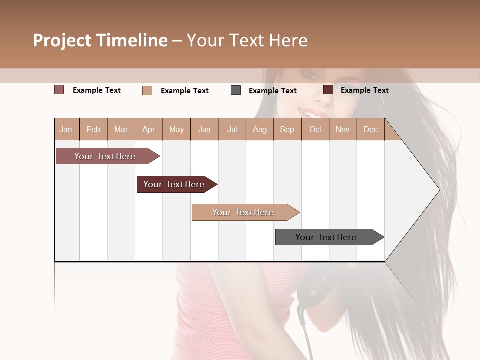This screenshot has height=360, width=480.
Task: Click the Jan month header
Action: coord(66,129)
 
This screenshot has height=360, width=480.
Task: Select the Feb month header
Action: coord(93,129)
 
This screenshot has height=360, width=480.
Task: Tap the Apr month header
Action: coord(148,129)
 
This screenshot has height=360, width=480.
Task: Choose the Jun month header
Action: coord(204,129)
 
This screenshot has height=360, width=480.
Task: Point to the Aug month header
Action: coord(259,129)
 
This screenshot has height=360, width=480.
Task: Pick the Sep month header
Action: coord(287,129)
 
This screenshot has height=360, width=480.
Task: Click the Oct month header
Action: coord(315,129)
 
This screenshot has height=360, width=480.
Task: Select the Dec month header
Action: coord(370,129)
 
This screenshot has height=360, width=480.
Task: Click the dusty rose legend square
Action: coord(59,90)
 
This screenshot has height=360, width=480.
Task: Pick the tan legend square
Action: coord(147,90)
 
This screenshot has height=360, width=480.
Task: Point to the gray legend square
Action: coord(236,90)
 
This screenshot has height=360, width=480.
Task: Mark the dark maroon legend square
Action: coord(328,90)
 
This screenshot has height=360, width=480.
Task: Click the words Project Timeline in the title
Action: coord(100,40)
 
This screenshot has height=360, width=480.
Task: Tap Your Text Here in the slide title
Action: coord(247,40)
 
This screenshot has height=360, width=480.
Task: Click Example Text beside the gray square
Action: coord(272,91)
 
